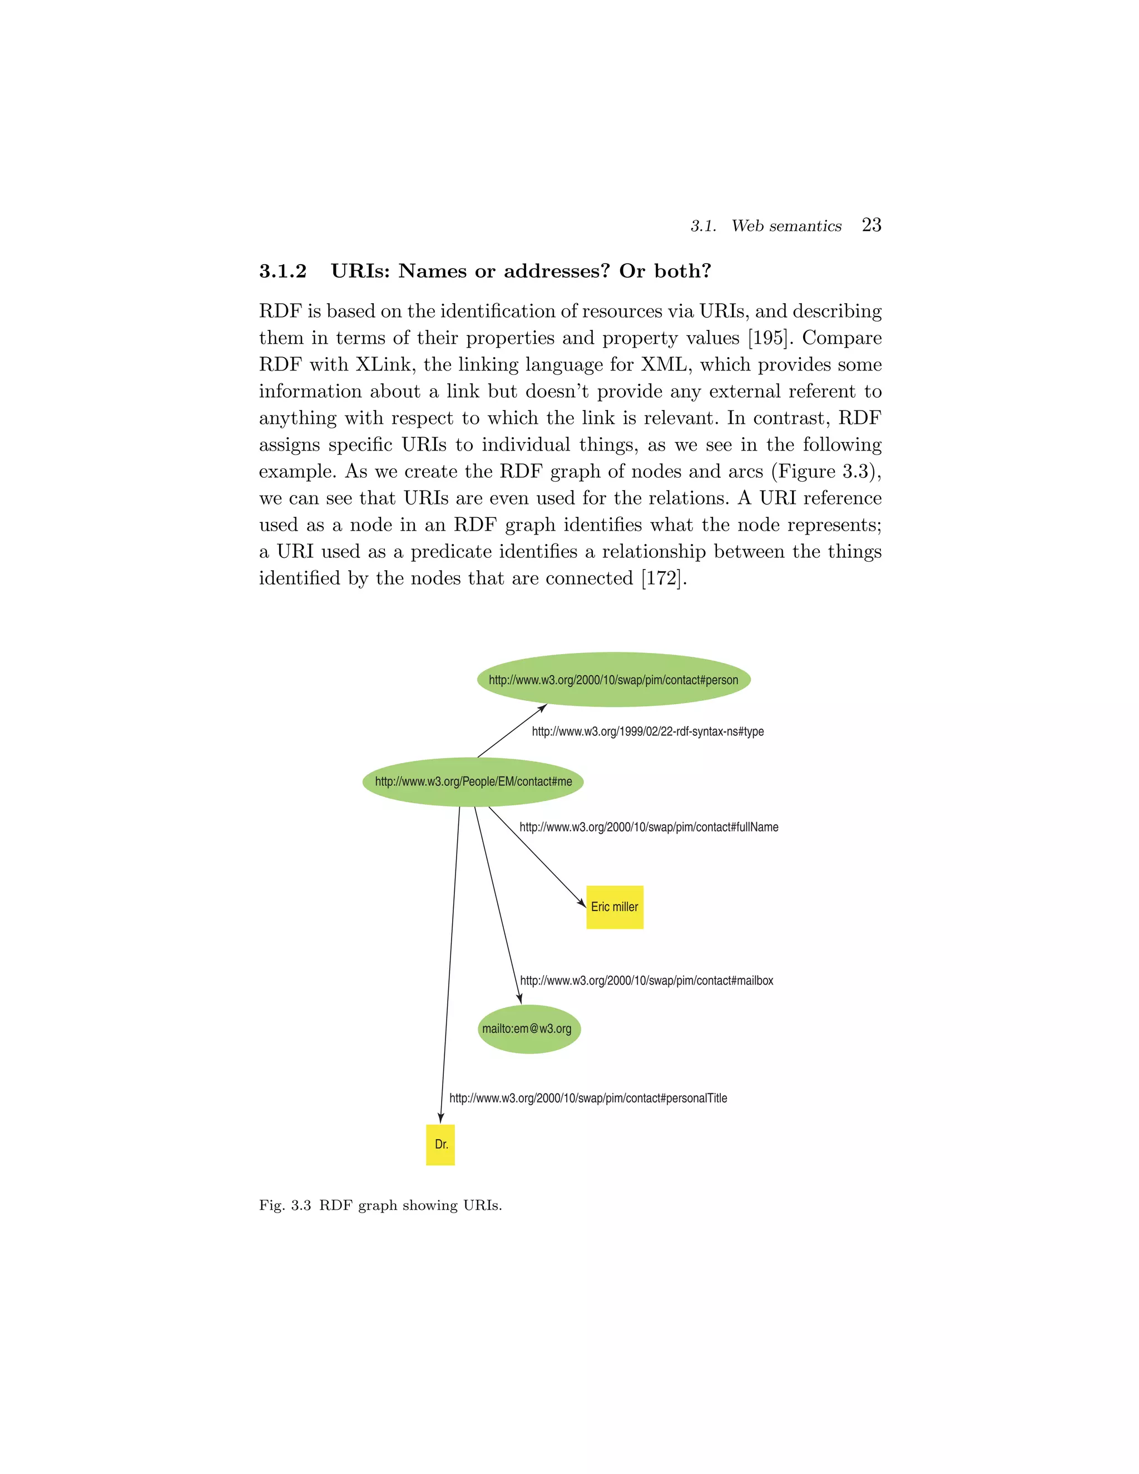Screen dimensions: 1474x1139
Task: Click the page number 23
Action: coord(871,225)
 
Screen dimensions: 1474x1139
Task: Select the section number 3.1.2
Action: coord(283,271)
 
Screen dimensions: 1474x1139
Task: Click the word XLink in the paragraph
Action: coord(386,364)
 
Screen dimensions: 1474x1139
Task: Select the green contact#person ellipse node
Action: coord(613,679)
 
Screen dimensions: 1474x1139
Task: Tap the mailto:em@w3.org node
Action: coord(528,1028)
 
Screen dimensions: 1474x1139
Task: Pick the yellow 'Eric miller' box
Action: coord(614,907)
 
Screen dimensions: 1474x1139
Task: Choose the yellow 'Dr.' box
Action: coord(440,1144)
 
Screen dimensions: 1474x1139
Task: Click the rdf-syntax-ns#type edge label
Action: coord(648,731)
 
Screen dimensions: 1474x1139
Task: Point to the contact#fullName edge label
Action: coord(648,828)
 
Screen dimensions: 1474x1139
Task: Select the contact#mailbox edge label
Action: coord(646,981)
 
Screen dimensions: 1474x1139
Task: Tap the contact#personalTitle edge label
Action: coord(588,1098)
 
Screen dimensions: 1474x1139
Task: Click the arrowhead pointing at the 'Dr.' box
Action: coord(440,1117)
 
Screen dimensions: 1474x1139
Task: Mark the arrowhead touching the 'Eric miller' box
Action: coord(582,902)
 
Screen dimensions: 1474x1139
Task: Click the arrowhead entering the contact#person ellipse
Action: coord(542,708)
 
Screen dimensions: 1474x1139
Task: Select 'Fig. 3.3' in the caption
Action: coord(285,1205)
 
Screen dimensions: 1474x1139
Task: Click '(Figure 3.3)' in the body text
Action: coord(826,471)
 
